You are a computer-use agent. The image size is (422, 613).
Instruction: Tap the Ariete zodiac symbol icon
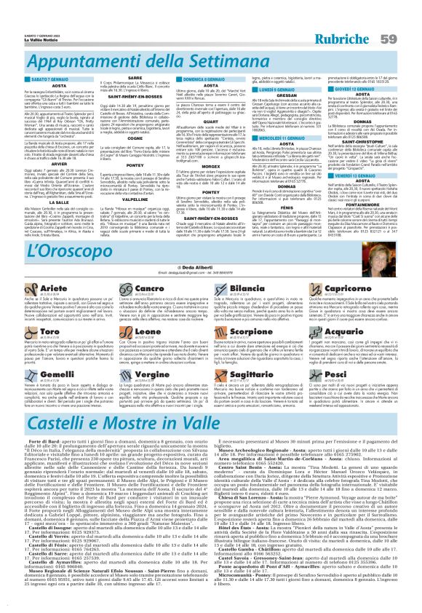pos(14,290)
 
